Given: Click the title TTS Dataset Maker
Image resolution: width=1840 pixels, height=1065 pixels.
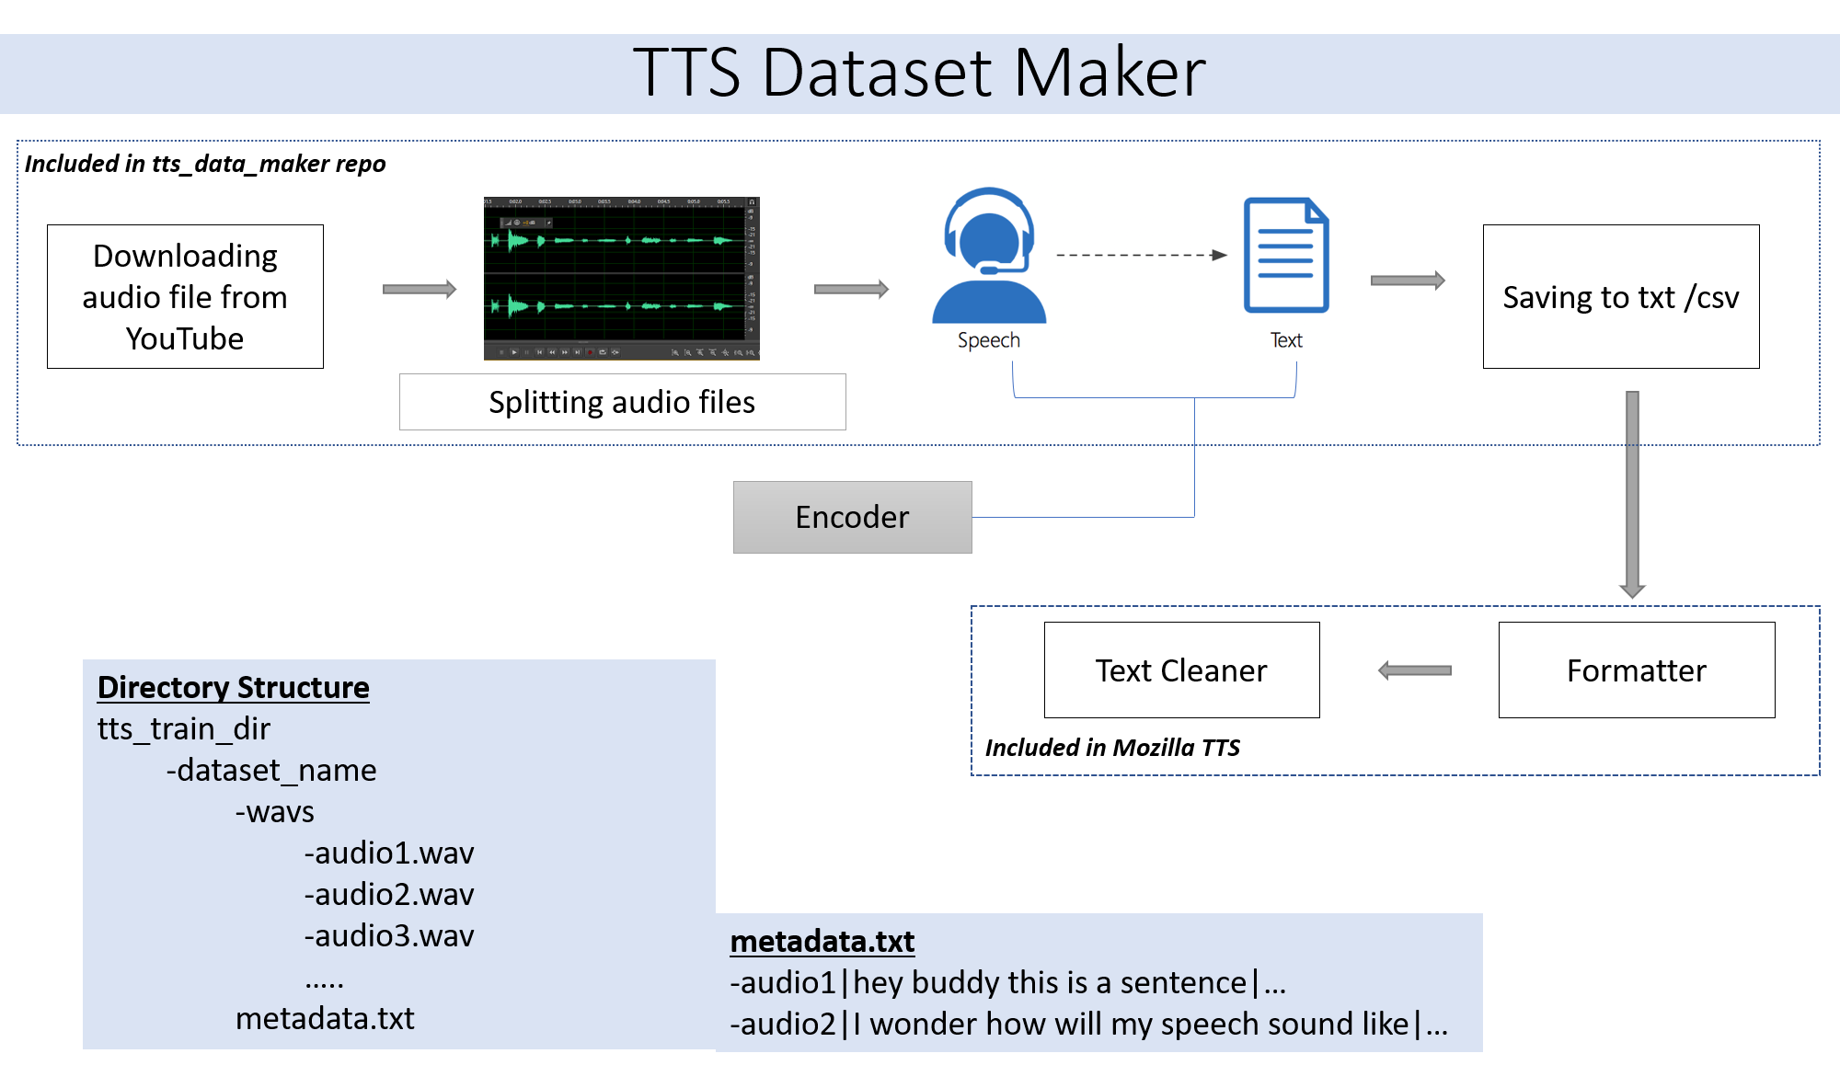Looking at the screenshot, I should tap(919, 73).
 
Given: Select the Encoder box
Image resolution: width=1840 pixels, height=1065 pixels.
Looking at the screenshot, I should tap(852, 517).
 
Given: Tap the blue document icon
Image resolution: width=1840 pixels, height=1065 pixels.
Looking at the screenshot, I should tap(1286, 256).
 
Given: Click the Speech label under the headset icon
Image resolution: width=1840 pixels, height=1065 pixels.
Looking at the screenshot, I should tap(989, 340).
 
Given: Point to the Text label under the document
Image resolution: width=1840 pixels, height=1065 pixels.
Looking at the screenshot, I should tap(1286, 340).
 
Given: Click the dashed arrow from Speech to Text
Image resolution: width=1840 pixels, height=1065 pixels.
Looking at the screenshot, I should tap(1141, 255).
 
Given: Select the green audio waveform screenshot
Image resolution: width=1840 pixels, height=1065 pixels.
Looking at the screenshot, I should tap(622, 278).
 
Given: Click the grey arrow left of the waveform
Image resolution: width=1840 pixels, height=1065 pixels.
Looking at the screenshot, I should tap(420, 289).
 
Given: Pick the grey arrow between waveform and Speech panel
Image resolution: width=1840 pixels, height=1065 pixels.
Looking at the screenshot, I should tap(852, 289).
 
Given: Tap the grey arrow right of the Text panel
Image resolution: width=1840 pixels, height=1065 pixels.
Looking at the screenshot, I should tap(1408, 281).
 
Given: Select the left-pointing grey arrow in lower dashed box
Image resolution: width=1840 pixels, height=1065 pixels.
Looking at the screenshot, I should tap(1414, 670).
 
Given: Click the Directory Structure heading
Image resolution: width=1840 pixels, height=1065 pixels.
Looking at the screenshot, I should tap(234, 688).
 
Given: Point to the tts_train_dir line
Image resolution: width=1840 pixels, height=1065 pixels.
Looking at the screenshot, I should tap(184, 729).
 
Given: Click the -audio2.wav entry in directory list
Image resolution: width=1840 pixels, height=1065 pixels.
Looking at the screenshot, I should tap(389, 895).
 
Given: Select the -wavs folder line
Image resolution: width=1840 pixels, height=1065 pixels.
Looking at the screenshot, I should tap(275, 812).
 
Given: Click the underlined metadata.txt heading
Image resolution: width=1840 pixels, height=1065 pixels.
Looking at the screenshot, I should tap(822, 942).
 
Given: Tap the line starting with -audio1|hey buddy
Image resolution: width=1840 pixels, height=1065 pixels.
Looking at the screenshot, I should tap(1007, 983).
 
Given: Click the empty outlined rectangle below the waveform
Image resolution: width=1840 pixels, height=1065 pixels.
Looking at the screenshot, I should tap(622, 402).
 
